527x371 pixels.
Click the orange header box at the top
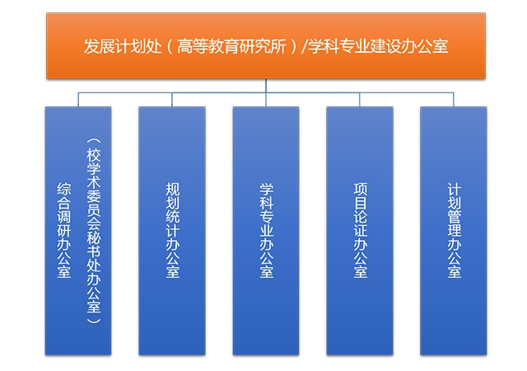pos(266,46)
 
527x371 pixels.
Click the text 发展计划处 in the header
pos(123,46)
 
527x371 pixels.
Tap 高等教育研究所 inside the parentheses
pos(231,46)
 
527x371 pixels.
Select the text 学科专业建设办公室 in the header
pos(378,46)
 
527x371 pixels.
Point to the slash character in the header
pos(305,46)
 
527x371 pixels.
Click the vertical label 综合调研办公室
pos(63,230)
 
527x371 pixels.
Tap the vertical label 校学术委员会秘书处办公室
pos(94,230)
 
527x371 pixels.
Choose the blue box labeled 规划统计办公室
pos(172,231)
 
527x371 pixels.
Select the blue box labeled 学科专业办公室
pos(266,231)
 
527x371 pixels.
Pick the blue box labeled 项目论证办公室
pos(360,231)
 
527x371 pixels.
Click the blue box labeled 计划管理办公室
pos(454,231)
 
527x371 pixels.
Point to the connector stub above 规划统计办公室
pos(172,100)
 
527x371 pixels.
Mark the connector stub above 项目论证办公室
pos(360,100)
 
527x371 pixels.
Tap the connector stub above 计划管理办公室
pos(454,100)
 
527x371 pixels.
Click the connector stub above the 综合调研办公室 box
pos(78,100)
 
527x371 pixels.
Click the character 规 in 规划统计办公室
pos(172,189)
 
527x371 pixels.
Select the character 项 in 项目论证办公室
pos(361,189)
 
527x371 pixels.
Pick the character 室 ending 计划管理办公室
pos(454,272)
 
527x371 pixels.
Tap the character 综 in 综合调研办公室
pos(63,189)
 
